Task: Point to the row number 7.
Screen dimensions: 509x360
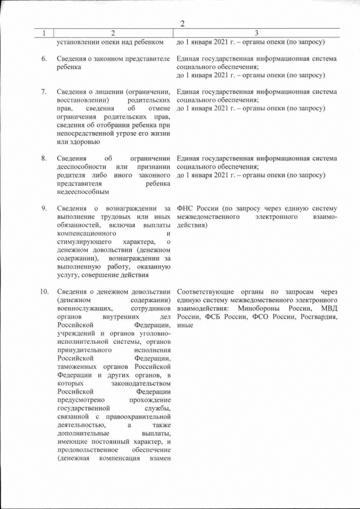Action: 44,92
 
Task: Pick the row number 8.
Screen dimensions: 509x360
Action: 44,159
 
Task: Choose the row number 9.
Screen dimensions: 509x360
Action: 44,209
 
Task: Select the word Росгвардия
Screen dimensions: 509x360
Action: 317,317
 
